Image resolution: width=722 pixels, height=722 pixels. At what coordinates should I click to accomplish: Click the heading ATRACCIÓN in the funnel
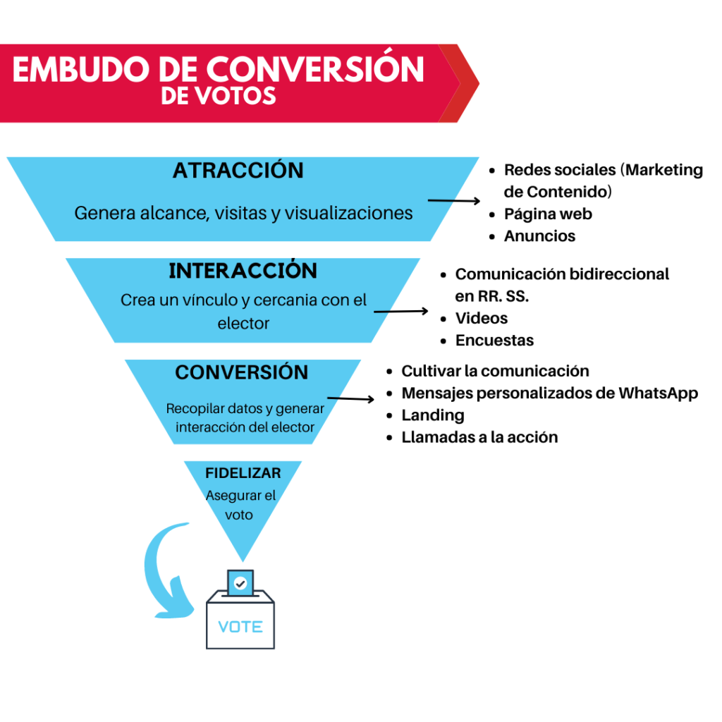[x=238, y=170]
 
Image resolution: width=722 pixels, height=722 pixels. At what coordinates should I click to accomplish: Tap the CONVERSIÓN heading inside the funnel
[x=241, y=372]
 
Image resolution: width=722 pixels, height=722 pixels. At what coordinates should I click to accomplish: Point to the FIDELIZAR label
[x=243, y=473]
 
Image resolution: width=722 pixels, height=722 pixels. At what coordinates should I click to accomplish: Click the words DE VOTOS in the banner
[x=219, y=96]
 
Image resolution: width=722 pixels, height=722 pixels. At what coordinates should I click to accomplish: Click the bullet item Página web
[x=548, y=214]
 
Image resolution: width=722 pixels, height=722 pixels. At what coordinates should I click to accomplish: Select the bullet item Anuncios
[x=539, y=235]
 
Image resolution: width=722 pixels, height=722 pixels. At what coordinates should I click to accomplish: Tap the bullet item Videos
[x=481, y=318]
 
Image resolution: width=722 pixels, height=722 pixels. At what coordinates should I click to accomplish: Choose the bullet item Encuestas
[x=494, y=341]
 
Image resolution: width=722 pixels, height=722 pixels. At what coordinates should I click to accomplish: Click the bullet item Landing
[x=433, y=415]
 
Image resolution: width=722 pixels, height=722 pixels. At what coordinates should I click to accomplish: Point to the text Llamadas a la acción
[x=479, y=437]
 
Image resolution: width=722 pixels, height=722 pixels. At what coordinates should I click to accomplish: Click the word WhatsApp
[x=658, y=393]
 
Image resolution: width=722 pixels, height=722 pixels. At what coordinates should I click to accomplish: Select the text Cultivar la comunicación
[x=495, y=371]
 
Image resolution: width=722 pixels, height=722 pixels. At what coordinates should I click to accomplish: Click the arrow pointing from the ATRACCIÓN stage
[x=454, y=201]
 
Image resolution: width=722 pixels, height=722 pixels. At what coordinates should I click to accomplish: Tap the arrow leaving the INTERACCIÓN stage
[x=401, y=312]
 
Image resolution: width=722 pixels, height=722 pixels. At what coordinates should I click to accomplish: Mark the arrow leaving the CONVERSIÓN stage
[x=351, y=399]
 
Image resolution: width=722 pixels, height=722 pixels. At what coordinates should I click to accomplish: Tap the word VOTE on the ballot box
[x=240, y=627]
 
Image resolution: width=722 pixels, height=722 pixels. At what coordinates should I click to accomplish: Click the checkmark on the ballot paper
[x=240, y=584]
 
